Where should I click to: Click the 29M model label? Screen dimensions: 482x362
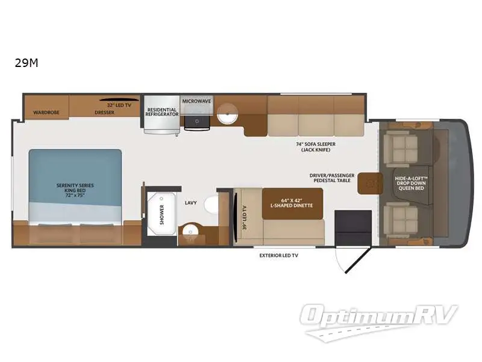(27, 63)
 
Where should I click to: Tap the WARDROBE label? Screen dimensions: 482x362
(46, 113)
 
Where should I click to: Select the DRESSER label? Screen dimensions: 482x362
(104, 113)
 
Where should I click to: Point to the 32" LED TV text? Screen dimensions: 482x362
(119, 105)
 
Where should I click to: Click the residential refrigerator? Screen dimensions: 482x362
(161, 115)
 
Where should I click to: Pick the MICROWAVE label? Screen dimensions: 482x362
(197, 101)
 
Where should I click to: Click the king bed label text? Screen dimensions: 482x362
(75, 190)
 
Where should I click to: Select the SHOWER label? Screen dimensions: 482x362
(162, 215)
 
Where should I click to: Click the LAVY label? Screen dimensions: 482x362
(190, 203)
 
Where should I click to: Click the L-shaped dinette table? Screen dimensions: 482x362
(293, 204)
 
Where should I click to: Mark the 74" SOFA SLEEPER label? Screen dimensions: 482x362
(316, 147)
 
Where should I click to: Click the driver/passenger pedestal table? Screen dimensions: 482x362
(370, 183)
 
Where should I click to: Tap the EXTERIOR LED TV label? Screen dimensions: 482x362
(279, 255)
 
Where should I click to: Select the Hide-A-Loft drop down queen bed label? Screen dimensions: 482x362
(412, 183)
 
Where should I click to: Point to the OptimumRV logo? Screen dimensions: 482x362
(379, 322)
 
